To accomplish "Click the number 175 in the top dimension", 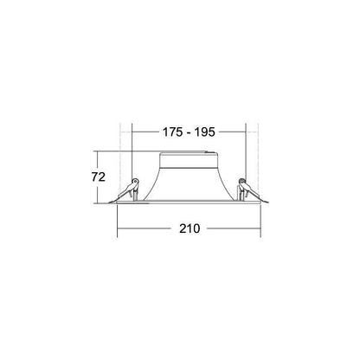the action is pos(172,132).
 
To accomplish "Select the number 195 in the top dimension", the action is pos(204,132).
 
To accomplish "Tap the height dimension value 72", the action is pos(99,177).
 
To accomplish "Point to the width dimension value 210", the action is pos(190,228).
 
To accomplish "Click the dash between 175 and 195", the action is pos(189,133).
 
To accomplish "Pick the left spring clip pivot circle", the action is pos(135,181).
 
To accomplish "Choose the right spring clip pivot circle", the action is pos(241,181).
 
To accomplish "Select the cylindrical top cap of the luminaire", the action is pos(188,159).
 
